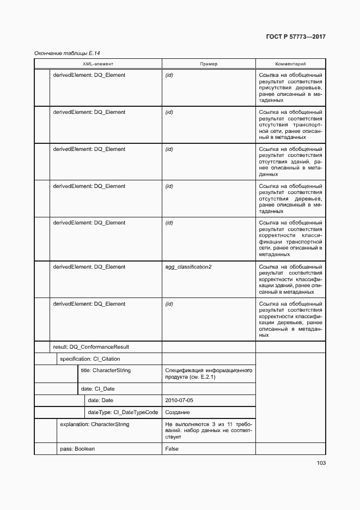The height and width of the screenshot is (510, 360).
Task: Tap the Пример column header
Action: point(208,64)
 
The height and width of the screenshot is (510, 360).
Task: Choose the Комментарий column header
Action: point(290,64)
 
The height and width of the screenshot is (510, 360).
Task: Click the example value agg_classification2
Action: point(188,267)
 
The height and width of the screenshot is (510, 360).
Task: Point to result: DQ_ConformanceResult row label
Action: point(90,347)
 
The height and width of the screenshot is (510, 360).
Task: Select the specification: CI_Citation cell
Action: point(90,359)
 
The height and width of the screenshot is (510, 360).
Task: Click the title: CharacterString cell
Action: point(106,371)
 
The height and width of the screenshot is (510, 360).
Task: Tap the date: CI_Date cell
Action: point(97,389)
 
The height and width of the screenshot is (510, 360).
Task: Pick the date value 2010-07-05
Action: point(179,400)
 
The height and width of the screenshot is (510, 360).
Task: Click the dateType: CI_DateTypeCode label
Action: point(123,412)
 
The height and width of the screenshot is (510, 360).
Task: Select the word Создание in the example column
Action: point(178,412)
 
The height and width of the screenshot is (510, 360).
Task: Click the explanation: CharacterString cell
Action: point(95,424)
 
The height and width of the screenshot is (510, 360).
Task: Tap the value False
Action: point(172,449)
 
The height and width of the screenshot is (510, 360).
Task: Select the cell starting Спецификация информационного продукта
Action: point(208,374)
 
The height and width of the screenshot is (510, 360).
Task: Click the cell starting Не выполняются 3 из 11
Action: point(208,430)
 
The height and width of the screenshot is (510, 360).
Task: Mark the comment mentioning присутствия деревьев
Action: point(290,88)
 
